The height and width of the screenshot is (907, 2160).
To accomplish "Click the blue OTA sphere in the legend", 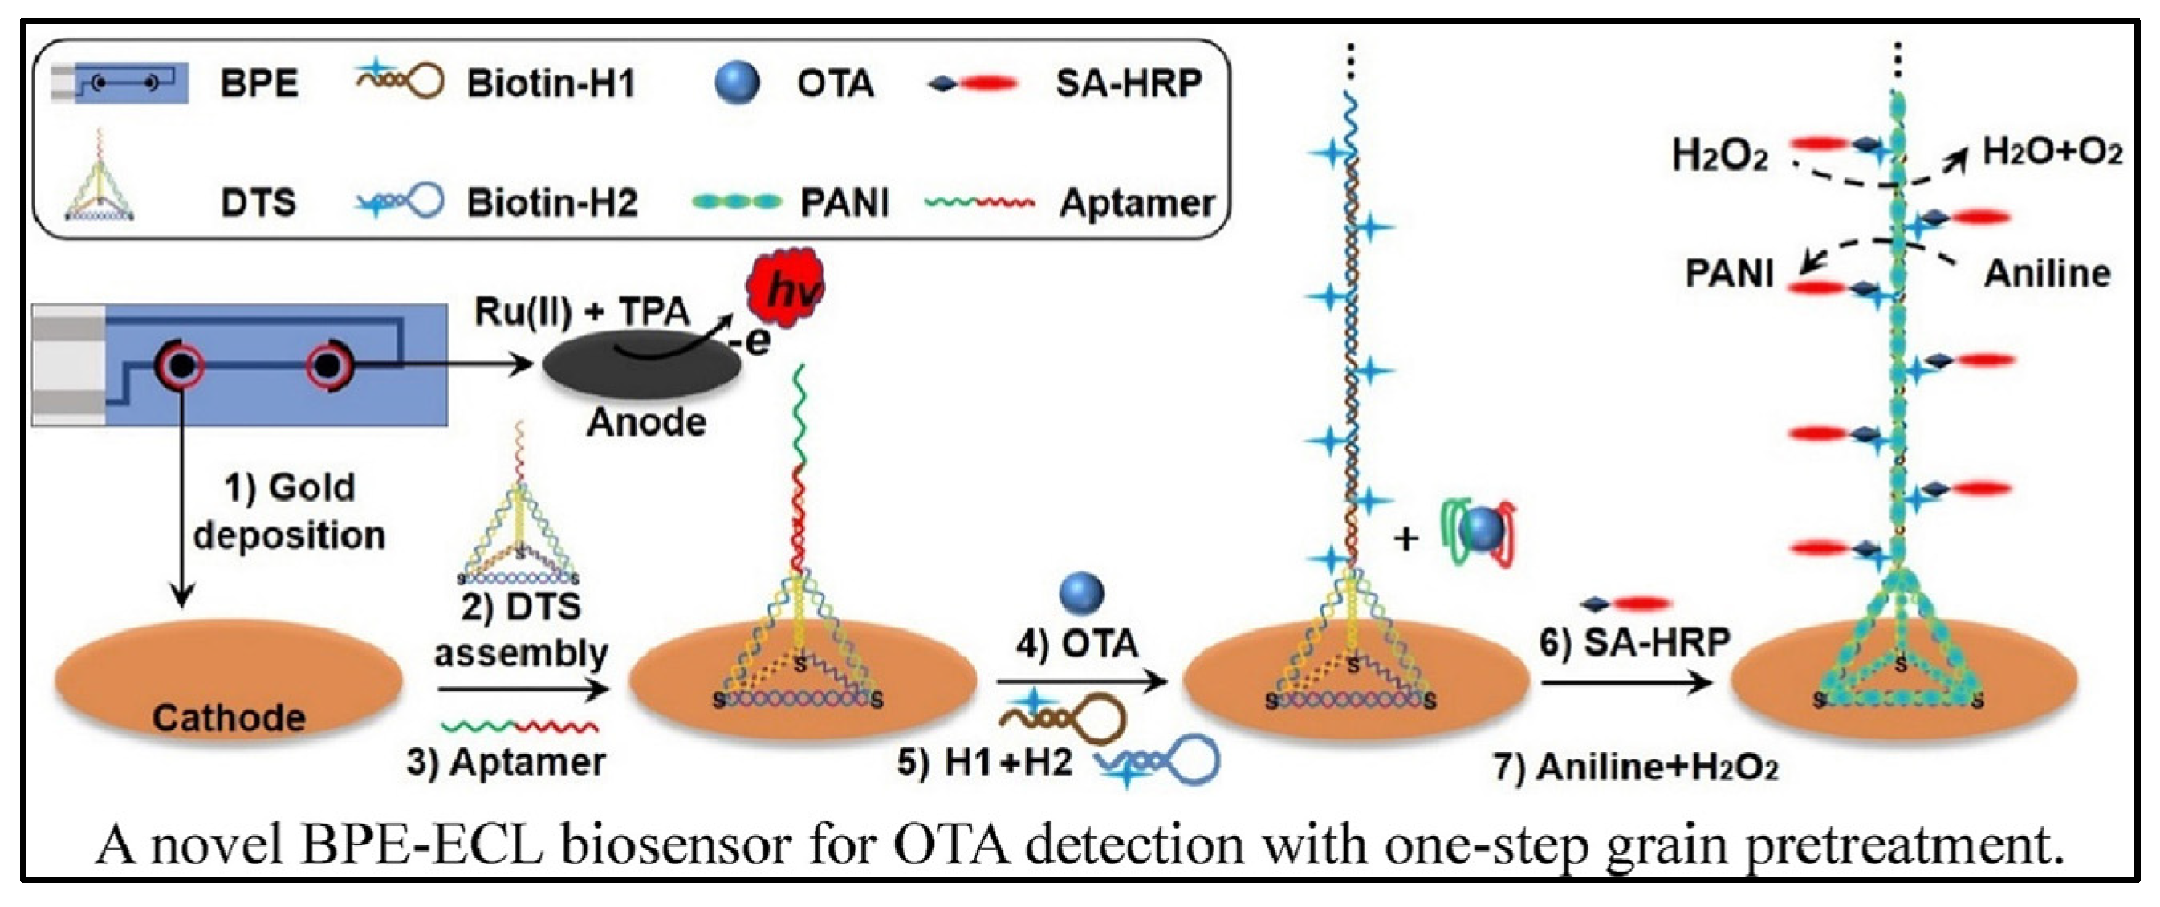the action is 737,83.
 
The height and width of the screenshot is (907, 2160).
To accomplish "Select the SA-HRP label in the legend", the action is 1129,83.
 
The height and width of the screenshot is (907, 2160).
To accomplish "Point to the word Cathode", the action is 228,718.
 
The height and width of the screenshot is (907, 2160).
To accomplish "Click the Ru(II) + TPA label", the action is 582,312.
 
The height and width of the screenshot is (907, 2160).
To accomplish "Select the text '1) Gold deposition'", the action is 289,511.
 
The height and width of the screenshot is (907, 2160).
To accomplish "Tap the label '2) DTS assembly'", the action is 521,628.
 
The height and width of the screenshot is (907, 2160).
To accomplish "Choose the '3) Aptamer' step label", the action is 506,762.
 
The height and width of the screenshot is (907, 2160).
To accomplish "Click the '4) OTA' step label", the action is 1076,644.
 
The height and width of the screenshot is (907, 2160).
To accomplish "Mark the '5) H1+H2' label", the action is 984,762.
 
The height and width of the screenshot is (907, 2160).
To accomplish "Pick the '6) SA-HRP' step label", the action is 1635,642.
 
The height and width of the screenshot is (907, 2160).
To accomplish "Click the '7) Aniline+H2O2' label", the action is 1636,767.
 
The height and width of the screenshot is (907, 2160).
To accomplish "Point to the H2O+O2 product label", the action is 2052,153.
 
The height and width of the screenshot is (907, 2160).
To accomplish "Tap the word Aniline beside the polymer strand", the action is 2047,273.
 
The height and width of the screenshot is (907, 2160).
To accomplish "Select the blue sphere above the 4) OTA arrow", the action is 1082,592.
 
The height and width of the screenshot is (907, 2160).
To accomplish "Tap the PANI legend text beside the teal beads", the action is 844,203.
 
